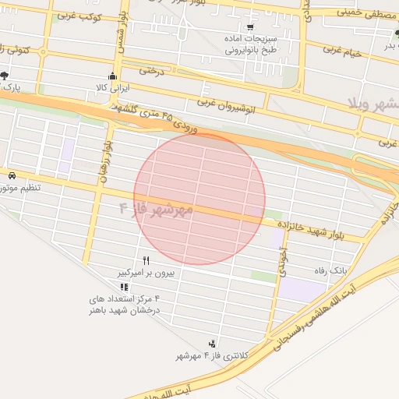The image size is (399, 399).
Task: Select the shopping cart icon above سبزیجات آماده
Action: point(249,27)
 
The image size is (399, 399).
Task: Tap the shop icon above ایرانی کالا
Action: point(113,76)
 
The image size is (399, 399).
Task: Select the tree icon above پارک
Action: point(5,76)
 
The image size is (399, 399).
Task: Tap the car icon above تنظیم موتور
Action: point(12,175)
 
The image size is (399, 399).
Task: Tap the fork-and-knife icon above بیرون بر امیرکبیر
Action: point(146,260)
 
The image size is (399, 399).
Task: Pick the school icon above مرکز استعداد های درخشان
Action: point(124,288)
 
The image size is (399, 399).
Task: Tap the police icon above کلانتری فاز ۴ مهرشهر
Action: point(212,344)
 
